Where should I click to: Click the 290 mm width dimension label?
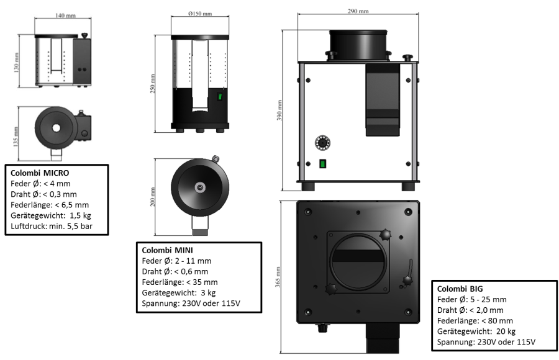tap(358, 11)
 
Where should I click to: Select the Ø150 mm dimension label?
tap(199, 13)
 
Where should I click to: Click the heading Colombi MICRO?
tap(40, 172)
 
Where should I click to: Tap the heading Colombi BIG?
tap(461, 289)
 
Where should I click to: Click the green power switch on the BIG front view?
tap(323, 164)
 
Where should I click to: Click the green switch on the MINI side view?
tap(219, 97)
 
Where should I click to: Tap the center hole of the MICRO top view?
tap(57, 128)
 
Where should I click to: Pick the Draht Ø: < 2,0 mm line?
tap(470, 310)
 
